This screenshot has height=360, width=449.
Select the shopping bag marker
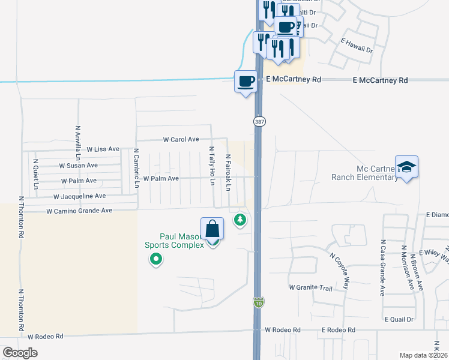coord(212,230)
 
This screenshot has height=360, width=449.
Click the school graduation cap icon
coord(406,168)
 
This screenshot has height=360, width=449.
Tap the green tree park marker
coord(240,220)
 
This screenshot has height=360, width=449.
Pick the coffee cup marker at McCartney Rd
coord(246,81)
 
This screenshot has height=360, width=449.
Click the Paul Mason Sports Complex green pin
coord(156,259)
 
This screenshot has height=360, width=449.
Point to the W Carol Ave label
coord(181,139)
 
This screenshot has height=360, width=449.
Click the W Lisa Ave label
coord(103,149)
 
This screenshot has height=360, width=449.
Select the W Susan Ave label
coord(78,165)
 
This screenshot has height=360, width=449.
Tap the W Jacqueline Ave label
coord(79,196)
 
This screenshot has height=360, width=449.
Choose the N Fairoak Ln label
coord(228,172)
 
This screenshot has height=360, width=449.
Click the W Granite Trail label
coord(310,288)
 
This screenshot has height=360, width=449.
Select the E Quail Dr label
coord(399,319)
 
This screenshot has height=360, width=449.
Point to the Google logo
coord(20,353)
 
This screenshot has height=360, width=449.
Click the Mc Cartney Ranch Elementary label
coord(364,172)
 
